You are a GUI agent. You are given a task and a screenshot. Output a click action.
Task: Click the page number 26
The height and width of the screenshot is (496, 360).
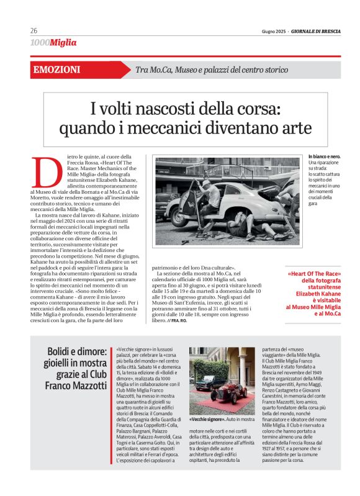tap(34, 30)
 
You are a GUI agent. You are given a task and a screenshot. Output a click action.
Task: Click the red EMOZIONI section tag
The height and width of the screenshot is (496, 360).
tap(58, 70)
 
